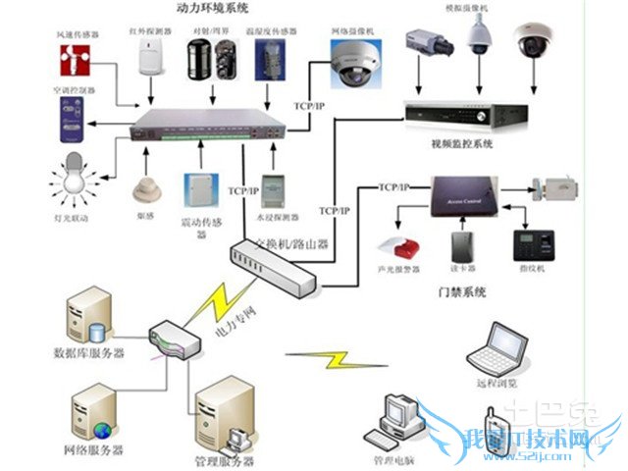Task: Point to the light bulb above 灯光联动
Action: (x=71, y=179)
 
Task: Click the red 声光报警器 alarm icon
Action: (x=396, y=244)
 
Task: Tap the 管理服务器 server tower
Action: (x=226, y=417)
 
